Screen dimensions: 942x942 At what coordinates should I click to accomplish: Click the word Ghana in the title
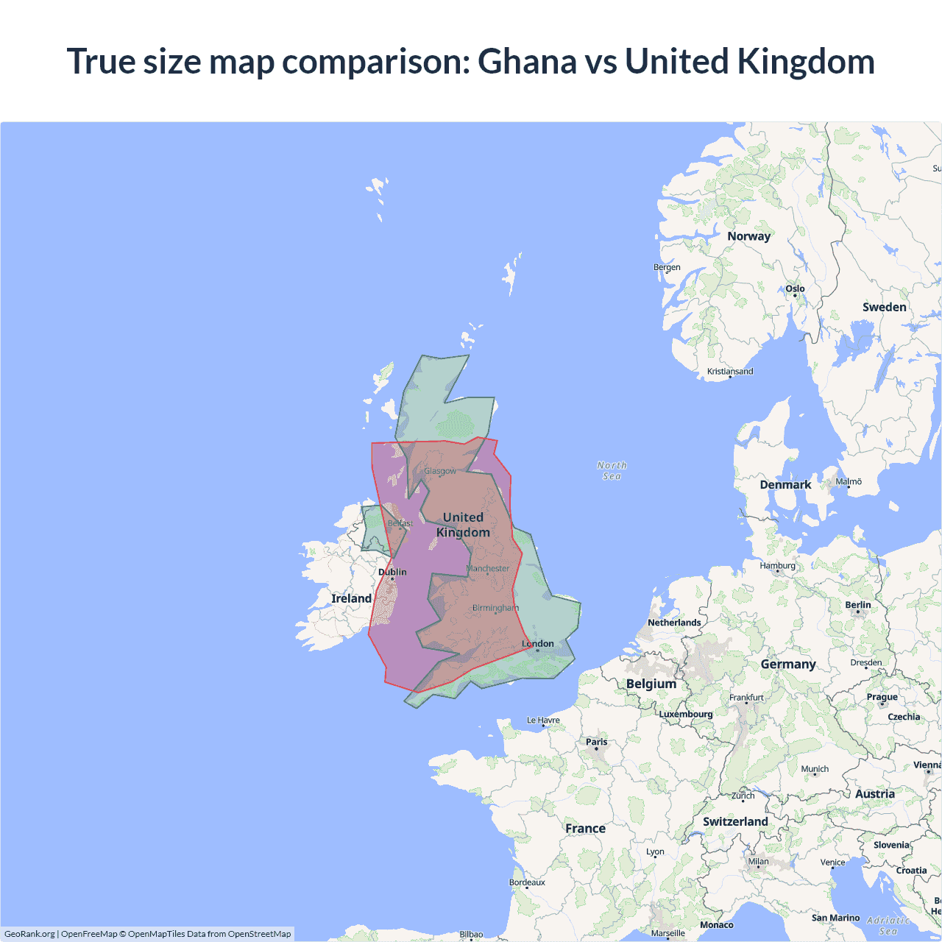tap(527, 61)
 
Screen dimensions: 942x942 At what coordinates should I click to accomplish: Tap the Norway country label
tap(748, 236)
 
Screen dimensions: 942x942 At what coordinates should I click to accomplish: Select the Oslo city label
tap(795, 288)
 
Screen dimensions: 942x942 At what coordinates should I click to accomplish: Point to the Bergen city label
tap(667, 267)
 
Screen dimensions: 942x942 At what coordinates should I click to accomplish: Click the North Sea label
tap(612, 470)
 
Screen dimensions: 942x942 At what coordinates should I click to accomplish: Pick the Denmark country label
tap(785, 484)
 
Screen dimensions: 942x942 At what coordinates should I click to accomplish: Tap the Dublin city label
tap(392, 572)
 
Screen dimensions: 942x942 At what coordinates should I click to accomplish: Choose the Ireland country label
tap(351, 598)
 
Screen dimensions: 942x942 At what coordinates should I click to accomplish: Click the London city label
tap(538, 643)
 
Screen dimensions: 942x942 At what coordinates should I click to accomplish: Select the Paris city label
tap(597, 742)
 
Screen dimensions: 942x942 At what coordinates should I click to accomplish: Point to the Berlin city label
tap(858, 605)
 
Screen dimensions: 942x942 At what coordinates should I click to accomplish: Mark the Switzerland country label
tap(735, 821)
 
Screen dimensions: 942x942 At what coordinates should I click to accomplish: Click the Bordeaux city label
tap(527, 882)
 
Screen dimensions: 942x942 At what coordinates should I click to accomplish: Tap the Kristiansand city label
tap(730, 372)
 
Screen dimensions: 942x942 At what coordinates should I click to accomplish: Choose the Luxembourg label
tap(686, 714)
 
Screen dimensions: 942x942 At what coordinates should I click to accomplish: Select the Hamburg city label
tap(778, 565)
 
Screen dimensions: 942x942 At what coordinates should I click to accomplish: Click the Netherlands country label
tap(674, 623)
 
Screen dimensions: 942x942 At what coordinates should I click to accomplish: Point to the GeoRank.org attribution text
tap(29, 934)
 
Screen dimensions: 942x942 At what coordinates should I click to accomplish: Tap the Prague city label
tap(882, 697)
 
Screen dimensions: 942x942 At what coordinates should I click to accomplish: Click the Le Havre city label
tap(543, 720)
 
